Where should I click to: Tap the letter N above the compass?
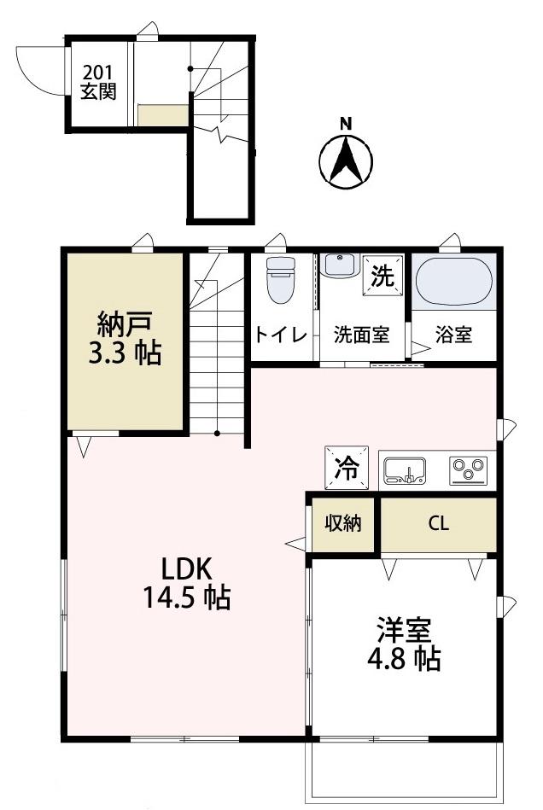(346, 123)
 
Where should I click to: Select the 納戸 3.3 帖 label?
(125, 339)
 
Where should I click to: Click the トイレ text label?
(280, 335)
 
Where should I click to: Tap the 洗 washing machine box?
(382, 275)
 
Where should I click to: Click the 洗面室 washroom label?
(361, 335)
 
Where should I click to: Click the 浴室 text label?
(454, 335)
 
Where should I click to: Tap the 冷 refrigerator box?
(347, 467)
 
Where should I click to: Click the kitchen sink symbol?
(404, 470)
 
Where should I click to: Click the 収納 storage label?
(342, 523)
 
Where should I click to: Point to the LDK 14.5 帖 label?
(186, 581)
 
